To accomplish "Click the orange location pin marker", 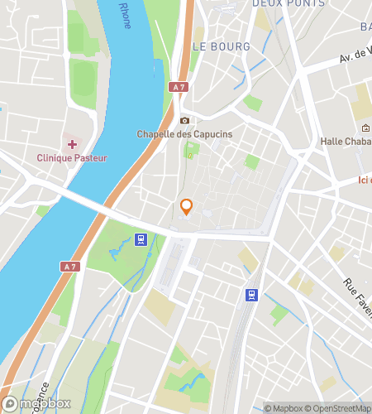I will point(187,207).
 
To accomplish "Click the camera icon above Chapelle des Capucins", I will point(184,120).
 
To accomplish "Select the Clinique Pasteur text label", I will point(71,158).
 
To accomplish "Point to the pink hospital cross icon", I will point(72,145).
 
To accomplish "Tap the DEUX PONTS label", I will point(255,4).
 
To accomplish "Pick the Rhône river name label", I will point(124,15).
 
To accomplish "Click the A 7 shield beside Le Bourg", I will point(179,87).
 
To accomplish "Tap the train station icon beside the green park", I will point(141,240).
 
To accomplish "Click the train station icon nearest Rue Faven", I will point(251,295).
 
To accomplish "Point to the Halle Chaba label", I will point(346,142).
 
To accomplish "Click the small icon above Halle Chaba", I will point(365,128).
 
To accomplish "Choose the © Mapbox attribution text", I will point(286,408).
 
